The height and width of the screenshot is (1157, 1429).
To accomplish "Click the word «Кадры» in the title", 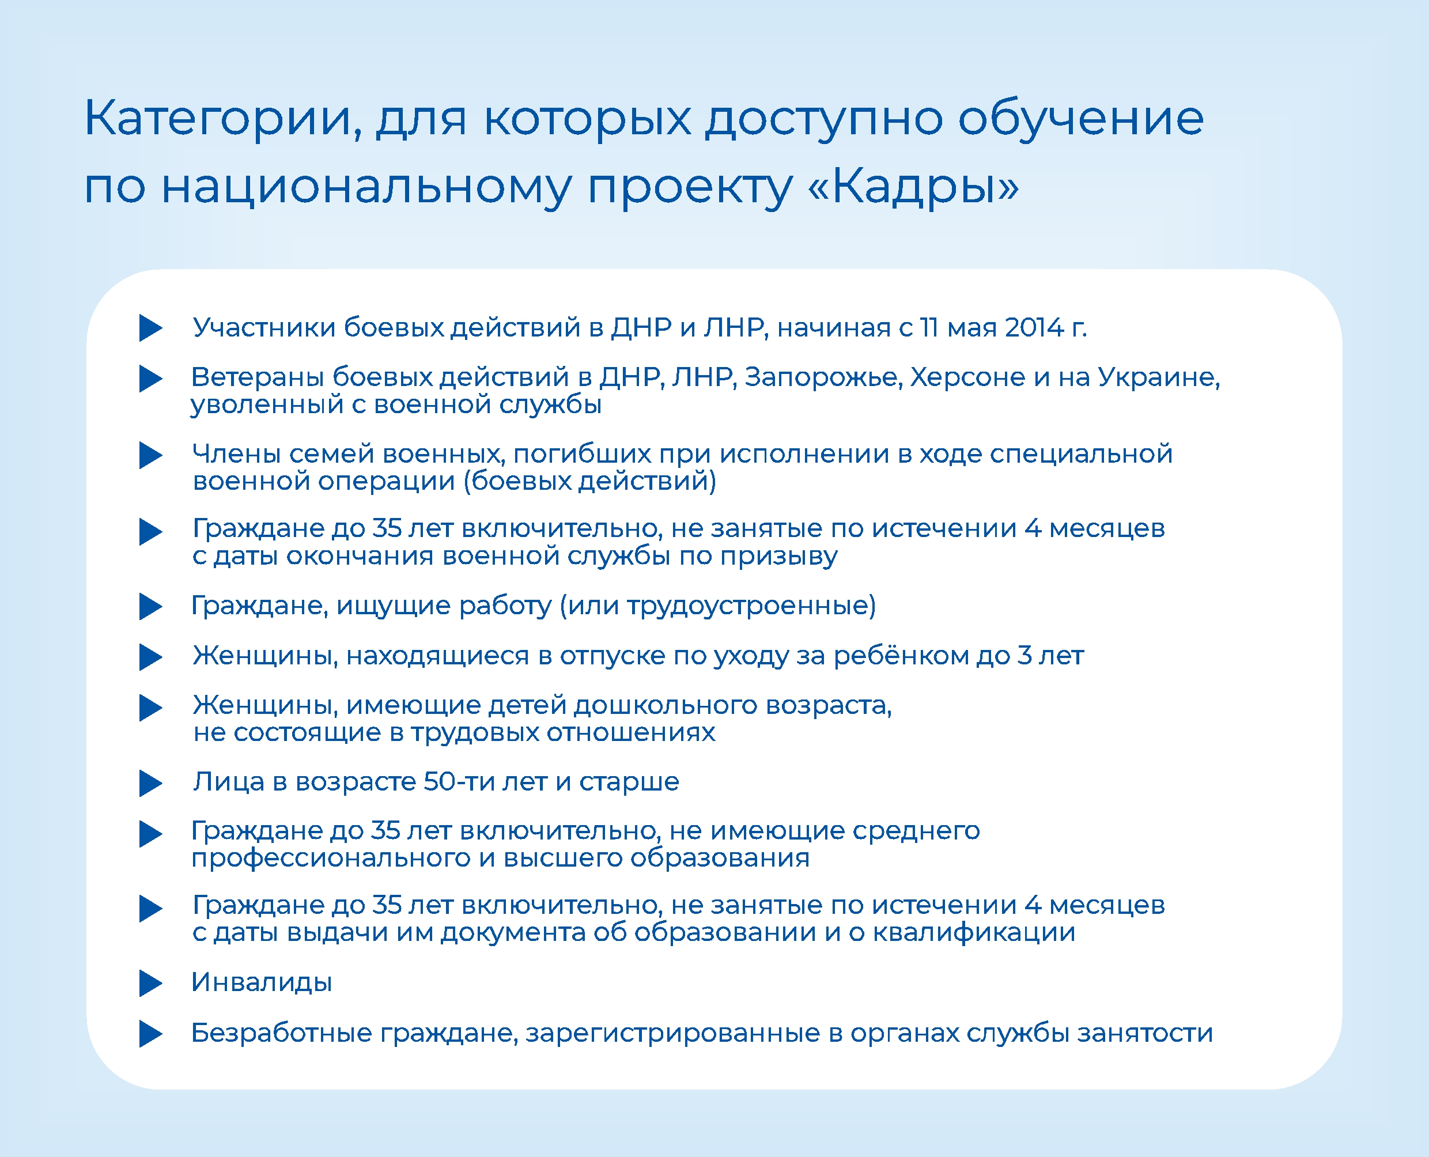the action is (913, 187).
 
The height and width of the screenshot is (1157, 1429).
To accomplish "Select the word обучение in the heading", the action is (1081, 119).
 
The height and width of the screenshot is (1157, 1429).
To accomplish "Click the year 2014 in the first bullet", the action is (1034, 327).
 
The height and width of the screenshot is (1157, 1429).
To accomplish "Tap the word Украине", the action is (1158, 378).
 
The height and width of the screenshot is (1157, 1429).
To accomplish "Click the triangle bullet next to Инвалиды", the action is (150, 983).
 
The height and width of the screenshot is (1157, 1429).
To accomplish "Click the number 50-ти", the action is (459, 781).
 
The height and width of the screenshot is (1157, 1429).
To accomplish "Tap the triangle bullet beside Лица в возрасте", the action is (150, 783).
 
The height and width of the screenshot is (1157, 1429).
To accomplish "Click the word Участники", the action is (264, 328).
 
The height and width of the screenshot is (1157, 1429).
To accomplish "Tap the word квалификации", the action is (974, 932).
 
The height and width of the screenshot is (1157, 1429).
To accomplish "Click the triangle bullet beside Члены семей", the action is (150, 455).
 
